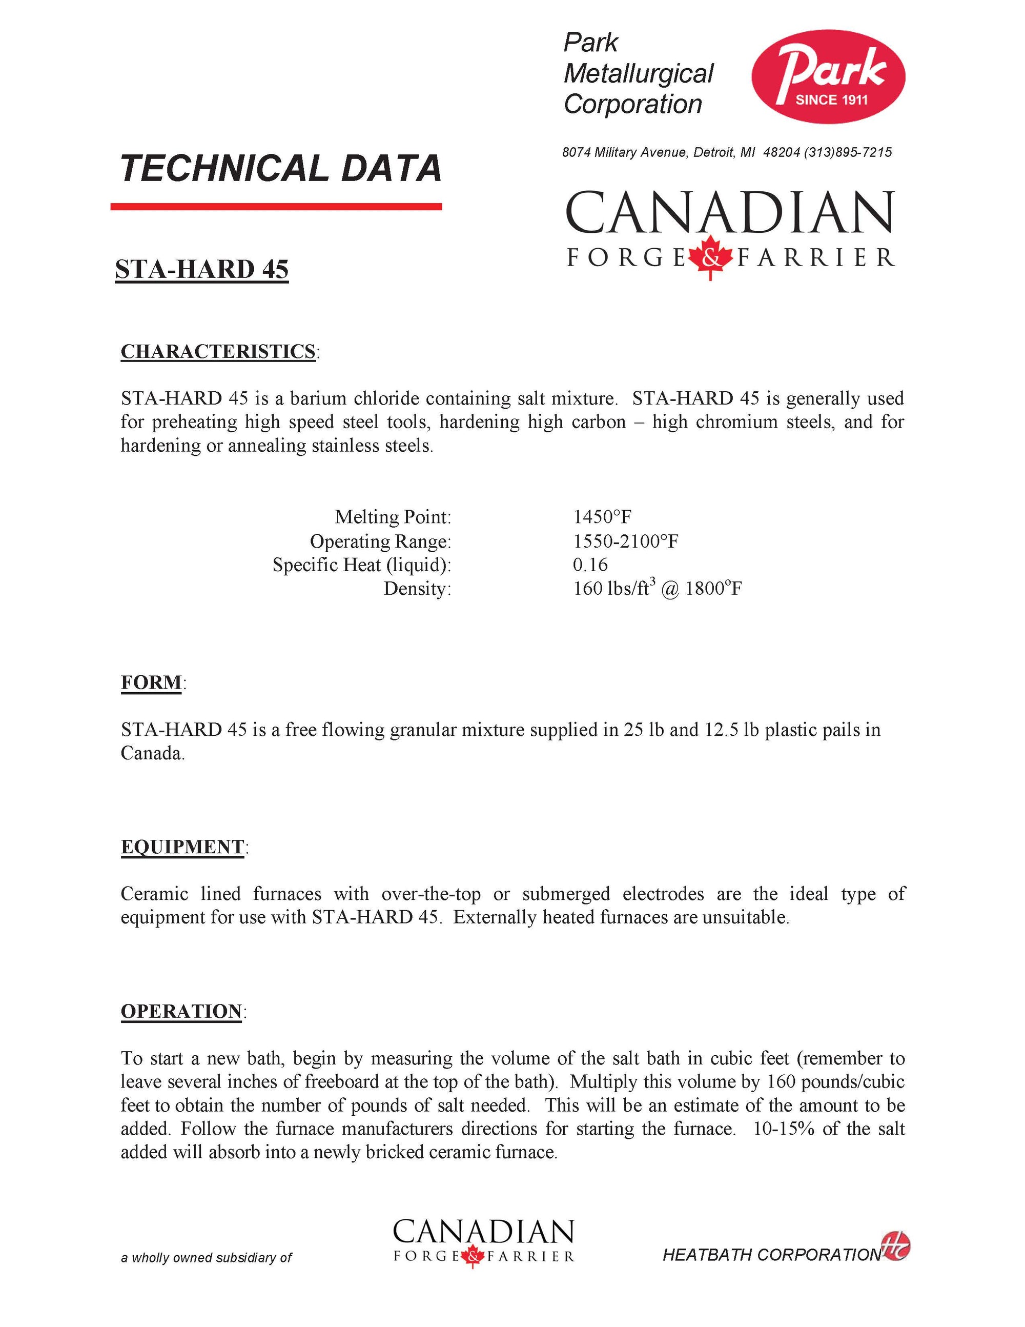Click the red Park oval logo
click(x=828, y=76)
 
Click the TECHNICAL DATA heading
click(x=280, y=168)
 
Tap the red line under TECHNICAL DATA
click(x=276, y=207)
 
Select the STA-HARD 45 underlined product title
click(x=201, y=270)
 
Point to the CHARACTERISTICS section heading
click(x=218, y=352)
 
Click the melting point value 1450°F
click(x=602, y=517)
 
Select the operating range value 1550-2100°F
click(x=625, y=541)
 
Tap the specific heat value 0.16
click(x=589, y=565)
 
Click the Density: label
click(x=417, y=588)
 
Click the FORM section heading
click(x=151, y=682)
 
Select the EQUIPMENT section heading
click(x=182, y=847)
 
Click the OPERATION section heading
click(x=181, y=1012)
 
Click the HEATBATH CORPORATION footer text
click(x=771, y=1255)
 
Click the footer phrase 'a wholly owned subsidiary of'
click(x=206, y=1258)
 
